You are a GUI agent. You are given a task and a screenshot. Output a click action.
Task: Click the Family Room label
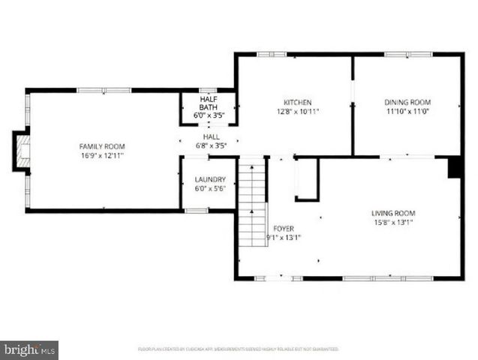(x=102, y=146)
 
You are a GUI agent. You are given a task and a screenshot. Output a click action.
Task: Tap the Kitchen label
(x=297, y=103)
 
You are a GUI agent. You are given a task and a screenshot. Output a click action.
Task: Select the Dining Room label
(x=407, y=103)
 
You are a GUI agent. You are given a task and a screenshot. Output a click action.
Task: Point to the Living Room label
(x=393, y=213)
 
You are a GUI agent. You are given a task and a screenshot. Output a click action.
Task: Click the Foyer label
(x=284, y=229)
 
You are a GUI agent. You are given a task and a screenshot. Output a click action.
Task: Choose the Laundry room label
(x=210, y=180)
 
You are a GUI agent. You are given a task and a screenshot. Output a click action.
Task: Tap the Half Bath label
(x=208, y=103)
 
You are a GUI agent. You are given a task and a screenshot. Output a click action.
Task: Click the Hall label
(x=212, y=137)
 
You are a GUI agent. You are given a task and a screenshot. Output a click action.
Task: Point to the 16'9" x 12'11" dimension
(x=102, y=155)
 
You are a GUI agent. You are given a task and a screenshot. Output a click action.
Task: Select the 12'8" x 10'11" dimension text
(x=297, y=112)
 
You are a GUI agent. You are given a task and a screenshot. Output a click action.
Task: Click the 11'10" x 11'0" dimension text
(x=407, y=112)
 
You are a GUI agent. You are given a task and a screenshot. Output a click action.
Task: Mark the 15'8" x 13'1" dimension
(x=393, y=222)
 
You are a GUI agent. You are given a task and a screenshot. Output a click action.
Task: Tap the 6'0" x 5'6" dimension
(x=210, y=189)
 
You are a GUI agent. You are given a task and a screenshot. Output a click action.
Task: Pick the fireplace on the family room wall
(x=22, y=151)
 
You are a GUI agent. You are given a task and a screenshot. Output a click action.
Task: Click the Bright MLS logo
(x=29, y=349)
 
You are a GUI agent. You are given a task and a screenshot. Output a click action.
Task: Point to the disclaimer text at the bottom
(x=239, y=349)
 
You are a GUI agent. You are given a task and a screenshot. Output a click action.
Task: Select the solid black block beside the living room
(x=455, y=167)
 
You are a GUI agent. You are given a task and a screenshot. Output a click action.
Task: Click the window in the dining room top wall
(x=407, y=54)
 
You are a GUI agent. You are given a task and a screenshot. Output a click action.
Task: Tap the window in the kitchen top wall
(x=272, y=54)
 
